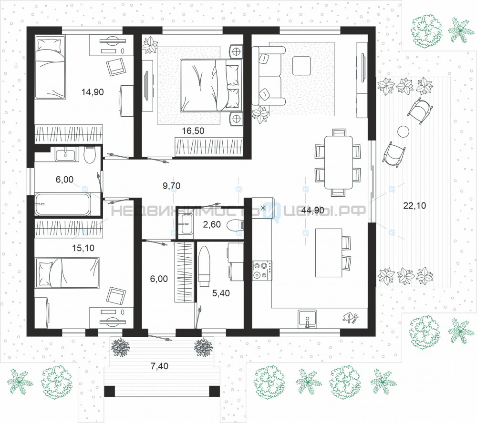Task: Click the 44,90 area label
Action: tap(312, 210)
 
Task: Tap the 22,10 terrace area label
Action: tap(415, 206)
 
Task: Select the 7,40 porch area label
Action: tap(159, 366)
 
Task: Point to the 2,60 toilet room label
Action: tap(212, 224)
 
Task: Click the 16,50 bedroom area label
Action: tap(193, 131)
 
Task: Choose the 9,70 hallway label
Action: tap(172, 185)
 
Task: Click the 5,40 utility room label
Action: tap(221, 293)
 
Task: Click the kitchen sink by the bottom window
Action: tap(307, 319)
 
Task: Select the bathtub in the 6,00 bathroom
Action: tap(62, 204)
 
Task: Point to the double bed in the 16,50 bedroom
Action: tap(210, 86)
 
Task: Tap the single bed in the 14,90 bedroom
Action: tap(50, 68)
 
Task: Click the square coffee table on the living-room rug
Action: tap(301, 66)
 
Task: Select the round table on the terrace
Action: tap(404, 132)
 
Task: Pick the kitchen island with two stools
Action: tap(329, 253)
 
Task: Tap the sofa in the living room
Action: tap(268, 76)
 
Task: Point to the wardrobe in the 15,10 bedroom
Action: tap(69, 229)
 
